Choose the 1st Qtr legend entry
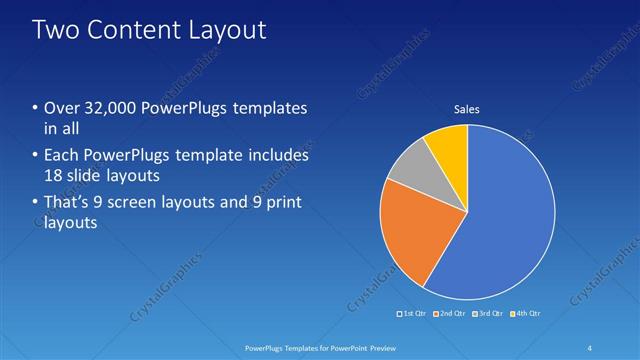[x=411, y=314]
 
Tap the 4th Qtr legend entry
[x=526, y=314]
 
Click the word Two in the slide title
[x=58, y=30]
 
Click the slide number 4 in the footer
[x=591, y=347]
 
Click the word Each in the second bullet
[x=62, y=156]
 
